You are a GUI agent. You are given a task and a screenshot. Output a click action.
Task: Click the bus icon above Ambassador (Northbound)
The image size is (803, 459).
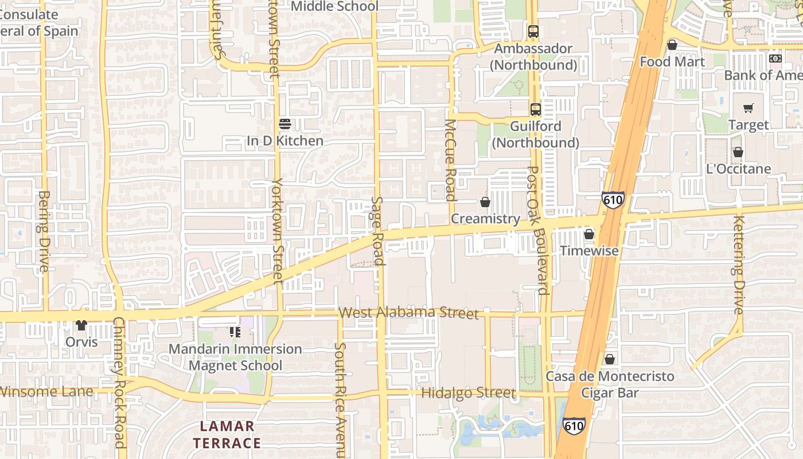(x=533, y=31)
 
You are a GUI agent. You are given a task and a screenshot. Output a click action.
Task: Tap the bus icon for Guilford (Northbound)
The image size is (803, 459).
(x=535, y=109)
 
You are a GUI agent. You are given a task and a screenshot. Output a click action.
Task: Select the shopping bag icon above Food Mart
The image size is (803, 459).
(x=672, y=44)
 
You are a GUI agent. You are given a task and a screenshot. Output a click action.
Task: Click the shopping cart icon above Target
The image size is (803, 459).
(x=749, y=108)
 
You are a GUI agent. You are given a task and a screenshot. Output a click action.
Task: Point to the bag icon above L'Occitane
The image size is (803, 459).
(x=738, y=152)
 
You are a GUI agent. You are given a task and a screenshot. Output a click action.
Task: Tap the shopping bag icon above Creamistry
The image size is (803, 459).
(x=485, y=202)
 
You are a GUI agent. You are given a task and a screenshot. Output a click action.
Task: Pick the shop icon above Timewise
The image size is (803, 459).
(x=589, y=234)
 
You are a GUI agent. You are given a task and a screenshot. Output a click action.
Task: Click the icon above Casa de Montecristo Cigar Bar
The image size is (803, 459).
(x=610, y=359)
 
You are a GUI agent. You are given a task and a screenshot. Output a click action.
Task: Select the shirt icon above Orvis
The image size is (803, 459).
(x=81, y=325)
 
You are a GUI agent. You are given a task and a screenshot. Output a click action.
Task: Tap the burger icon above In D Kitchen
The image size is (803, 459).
(x=284, y=123)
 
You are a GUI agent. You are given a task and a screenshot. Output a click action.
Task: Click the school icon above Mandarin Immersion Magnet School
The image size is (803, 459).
(x=235, y=332)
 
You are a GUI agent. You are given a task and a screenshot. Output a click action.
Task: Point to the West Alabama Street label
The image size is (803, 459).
(x=408, y=313)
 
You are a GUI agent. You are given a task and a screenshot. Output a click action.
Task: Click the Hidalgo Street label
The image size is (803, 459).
(x=468, y=393)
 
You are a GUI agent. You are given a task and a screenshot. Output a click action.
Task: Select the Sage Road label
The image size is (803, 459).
(x=377, y=231)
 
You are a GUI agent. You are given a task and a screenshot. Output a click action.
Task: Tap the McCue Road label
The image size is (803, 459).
(x=451, y=160)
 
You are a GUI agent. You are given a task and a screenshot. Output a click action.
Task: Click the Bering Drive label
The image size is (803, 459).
(x=44, y=231)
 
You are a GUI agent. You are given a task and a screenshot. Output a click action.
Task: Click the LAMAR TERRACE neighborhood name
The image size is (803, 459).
(x=227, y=434)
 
